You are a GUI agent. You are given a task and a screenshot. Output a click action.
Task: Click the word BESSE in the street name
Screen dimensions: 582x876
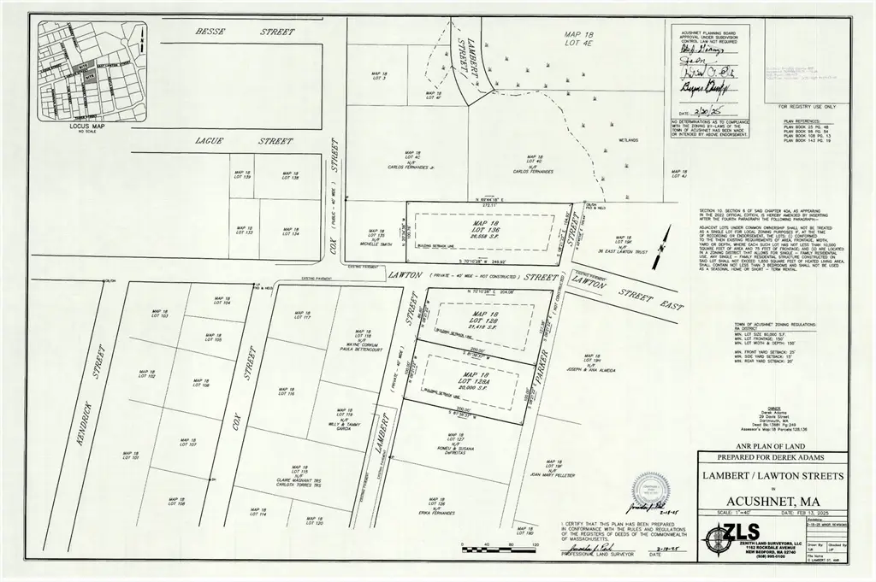coord(209,32)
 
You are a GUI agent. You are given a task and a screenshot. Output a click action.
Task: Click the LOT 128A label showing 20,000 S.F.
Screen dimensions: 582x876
coord(469,383)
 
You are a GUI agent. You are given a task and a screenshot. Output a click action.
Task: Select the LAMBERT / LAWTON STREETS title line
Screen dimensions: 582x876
coord(772,475)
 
